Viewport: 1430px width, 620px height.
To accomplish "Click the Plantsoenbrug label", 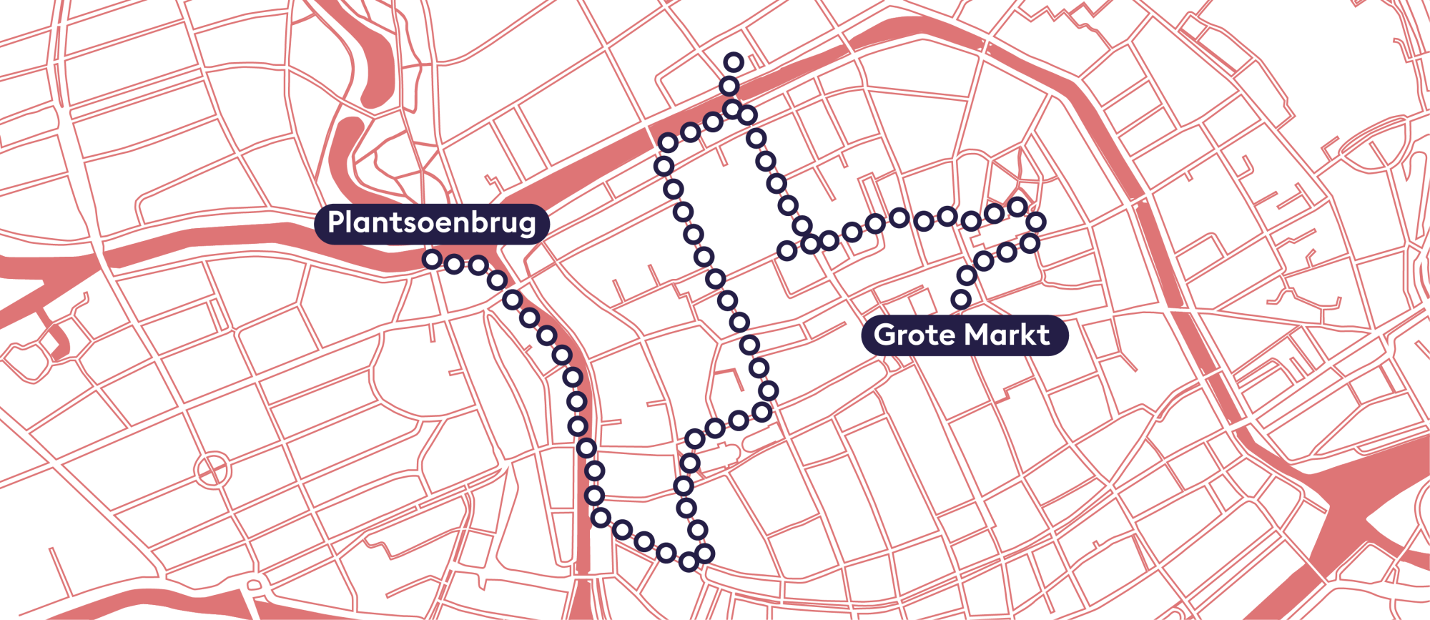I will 431,223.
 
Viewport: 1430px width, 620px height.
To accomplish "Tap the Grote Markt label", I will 962,335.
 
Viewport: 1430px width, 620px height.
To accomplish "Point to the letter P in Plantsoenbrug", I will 335,222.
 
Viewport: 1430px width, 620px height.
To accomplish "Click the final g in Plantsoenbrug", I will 528,225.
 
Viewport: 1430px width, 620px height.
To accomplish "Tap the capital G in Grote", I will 884,335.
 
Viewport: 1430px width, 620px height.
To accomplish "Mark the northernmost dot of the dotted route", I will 734,62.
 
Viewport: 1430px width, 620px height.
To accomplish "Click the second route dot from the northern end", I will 729,87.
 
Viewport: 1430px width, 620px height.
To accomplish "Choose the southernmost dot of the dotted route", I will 689,562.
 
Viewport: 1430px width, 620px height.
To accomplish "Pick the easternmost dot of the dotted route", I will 1036,221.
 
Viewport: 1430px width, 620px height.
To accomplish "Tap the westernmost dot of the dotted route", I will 432,260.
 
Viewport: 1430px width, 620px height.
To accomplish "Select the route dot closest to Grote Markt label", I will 962,299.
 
